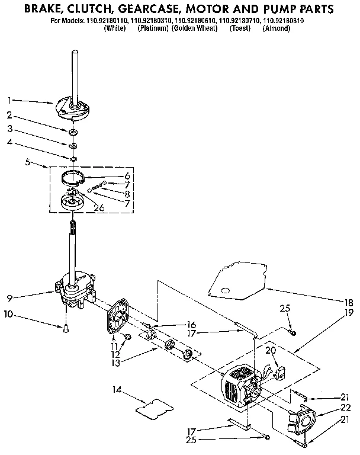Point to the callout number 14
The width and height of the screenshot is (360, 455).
click(116, 389)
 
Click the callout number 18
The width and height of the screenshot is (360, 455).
click(349, 301)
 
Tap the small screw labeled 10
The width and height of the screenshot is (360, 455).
click(66, 328)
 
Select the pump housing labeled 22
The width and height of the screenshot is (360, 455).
click(303, 422)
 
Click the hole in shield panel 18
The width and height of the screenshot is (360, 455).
click(226, 289)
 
